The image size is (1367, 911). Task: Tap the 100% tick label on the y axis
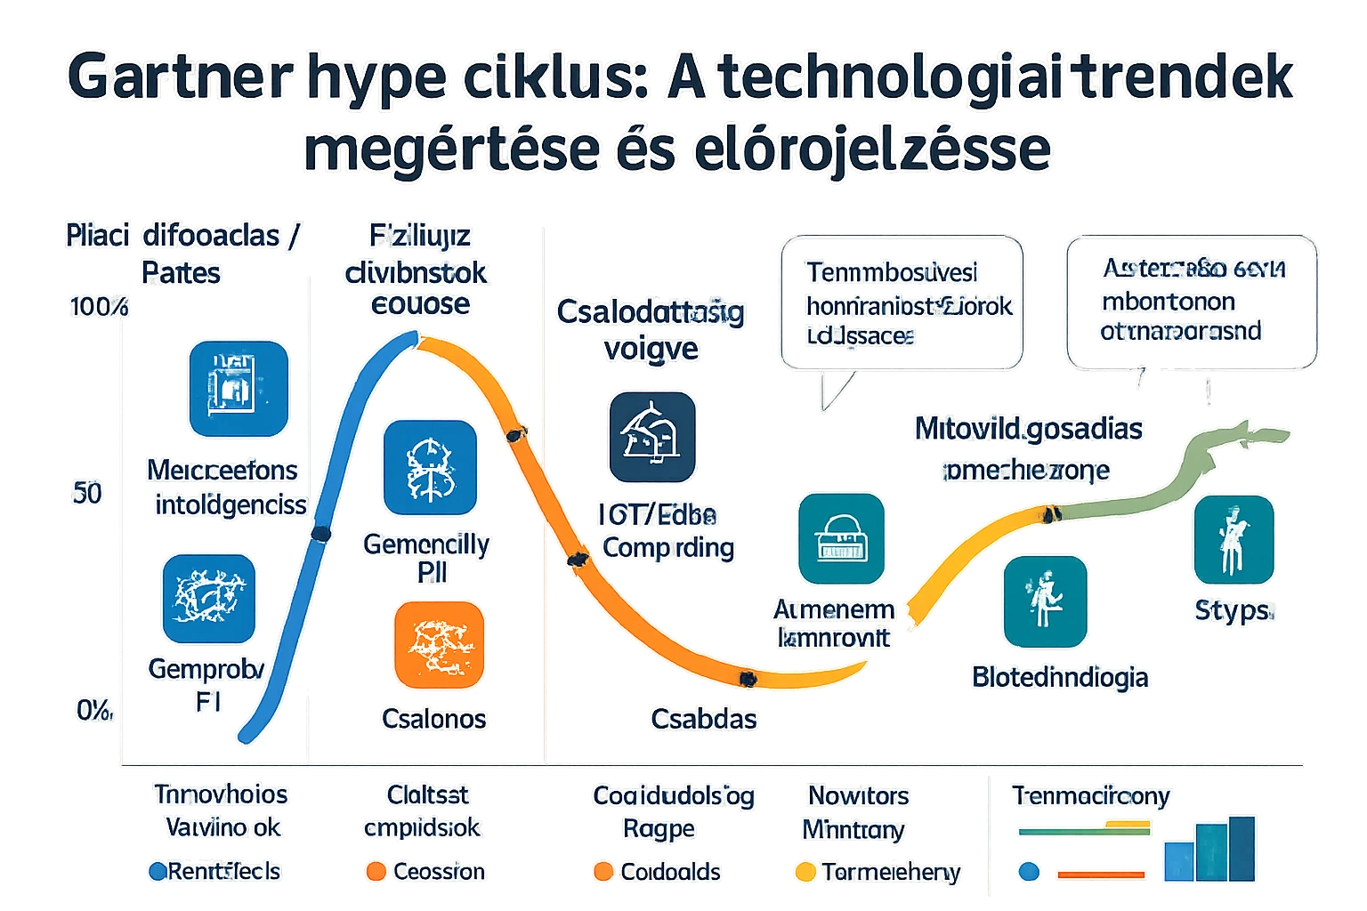pyautogui.click(x=98, y=308)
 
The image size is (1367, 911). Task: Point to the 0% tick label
pyautogui.click(x=93, y=710)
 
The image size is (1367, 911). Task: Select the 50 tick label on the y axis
pyautogui.click(x=87, y=493)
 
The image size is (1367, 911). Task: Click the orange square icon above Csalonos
pyautogui.click(x=439, y=645)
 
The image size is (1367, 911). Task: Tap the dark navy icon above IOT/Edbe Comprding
pyautogui.click(x=651, y=437)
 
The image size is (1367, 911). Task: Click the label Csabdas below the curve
pyautogui.click(x=703, y=719)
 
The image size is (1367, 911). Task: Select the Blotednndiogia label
pyautogui.click(x=1060, y=678)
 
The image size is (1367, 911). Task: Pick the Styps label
pyautogui.click(x=1233, y=610)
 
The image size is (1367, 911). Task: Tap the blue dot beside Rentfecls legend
pyautogui.click(x=158, y=872)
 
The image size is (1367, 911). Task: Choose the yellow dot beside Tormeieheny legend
pyautogui.click(x=805, y=872)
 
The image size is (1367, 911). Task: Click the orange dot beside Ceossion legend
pyautogui.click(x=376, y=872)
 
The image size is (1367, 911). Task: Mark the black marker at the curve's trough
pyautogui.click(x=748, y=679)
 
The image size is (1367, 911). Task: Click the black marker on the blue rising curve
pyautogui.click(x=321, y=534)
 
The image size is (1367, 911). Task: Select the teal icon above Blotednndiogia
pyautogui.click(x=1045, y=601)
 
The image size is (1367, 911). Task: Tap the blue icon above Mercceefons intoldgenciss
pyautogui.click(x=239, y=389)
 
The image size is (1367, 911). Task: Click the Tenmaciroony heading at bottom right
pyautogui.click(x=1090, y=795)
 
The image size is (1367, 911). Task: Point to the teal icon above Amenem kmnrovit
pyautogui.click(x=841, y=539)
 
